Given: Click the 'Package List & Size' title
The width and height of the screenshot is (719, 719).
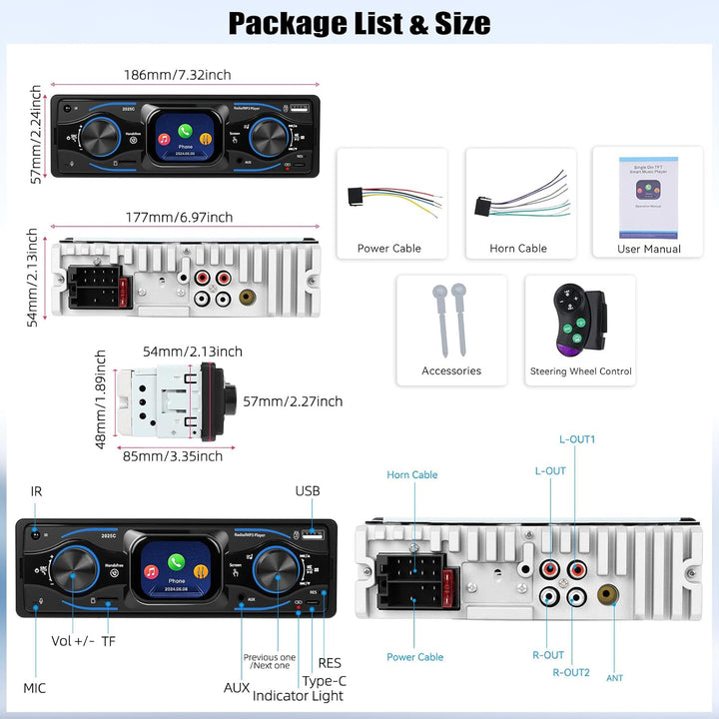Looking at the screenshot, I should click(x=359, y=23).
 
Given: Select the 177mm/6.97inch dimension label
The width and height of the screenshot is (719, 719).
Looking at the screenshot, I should click(x=180, y=217).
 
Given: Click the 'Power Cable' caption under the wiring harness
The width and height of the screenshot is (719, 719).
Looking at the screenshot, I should click(x=389, y=249).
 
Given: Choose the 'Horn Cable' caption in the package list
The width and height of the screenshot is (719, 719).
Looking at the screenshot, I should click(x=518, y=249).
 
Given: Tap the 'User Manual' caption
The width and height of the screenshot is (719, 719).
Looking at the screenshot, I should click(x=649, y=249).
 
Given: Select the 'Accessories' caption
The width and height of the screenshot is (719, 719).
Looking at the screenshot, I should click(x=451, y=370).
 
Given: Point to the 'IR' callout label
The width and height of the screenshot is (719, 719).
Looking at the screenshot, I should click(x=37, y=491).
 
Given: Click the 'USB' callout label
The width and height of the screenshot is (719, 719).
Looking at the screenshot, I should click(x=308, y=490).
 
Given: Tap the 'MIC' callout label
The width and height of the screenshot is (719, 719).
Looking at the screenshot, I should click(x=35, y=688).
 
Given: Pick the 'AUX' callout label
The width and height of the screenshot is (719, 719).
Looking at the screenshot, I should click(x=237, y=687).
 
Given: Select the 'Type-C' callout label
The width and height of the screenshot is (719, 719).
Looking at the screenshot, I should click(x=324, y=680).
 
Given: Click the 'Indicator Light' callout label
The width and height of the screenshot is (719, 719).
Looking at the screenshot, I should click(x=298, y=695).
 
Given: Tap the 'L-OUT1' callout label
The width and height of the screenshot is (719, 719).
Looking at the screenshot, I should click(x=578, y=438).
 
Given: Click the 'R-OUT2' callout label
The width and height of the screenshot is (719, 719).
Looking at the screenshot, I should click(x=571, y=672).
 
